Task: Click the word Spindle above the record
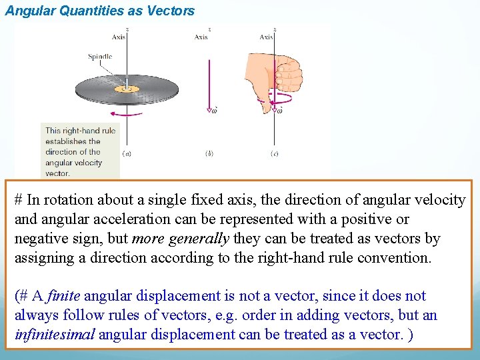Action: click(x=100, y=57)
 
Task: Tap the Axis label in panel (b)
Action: click(x=201, y=37)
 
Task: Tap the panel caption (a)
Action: click(x=127, y=153)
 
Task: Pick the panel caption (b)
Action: click(x=209, y=153)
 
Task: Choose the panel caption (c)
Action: click(x=274, y=153)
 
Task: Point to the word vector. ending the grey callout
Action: click(x=57, y=173)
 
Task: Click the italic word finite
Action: click(x=64, y=296)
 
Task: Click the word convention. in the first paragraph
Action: click(x=398, y=257)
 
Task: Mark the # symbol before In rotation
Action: click(x=19, y=199)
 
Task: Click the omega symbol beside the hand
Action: click(x=279, y=110)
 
